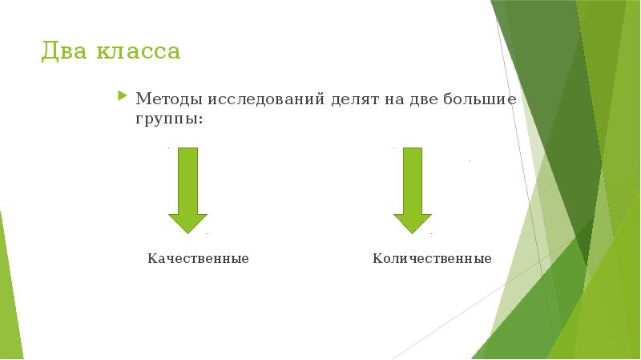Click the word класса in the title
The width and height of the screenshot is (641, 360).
[139, 53]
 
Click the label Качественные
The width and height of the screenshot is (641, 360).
[198, 259]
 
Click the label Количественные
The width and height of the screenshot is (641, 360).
[432, 259]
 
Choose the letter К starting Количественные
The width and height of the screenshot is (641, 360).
[377, 259]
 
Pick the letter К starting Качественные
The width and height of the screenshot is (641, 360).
[151, 259]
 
